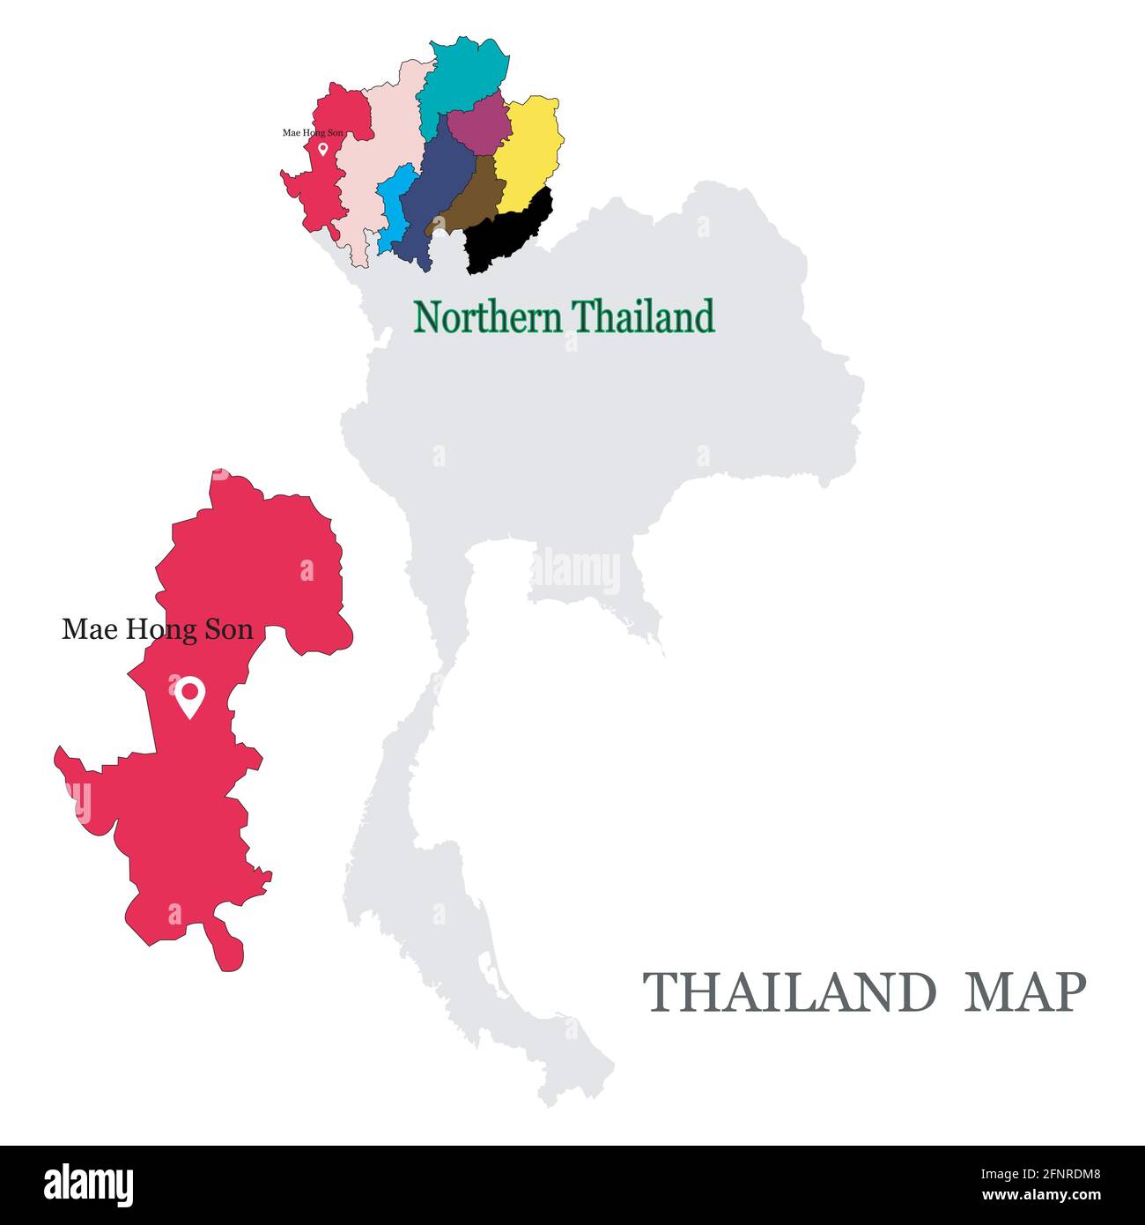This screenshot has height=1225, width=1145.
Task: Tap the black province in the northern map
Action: click(511, 234)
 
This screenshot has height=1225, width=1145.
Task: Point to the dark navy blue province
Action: click(436, 189)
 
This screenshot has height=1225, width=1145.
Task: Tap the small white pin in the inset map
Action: click(322, 149)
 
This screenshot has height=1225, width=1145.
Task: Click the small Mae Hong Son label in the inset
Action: click(313, 133)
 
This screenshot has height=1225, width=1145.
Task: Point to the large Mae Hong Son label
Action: click(158, 629)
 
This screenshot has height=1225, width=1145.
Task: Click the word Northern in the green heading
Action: click(487, 317)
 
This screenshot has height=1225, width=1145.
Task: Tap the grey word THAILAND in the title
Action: click(789, 992)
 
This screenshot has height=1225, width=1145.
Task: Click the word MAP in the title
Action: click(1025, 992)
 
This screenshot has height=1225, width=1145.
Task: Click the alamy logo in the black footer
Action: click(89, 1185)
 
